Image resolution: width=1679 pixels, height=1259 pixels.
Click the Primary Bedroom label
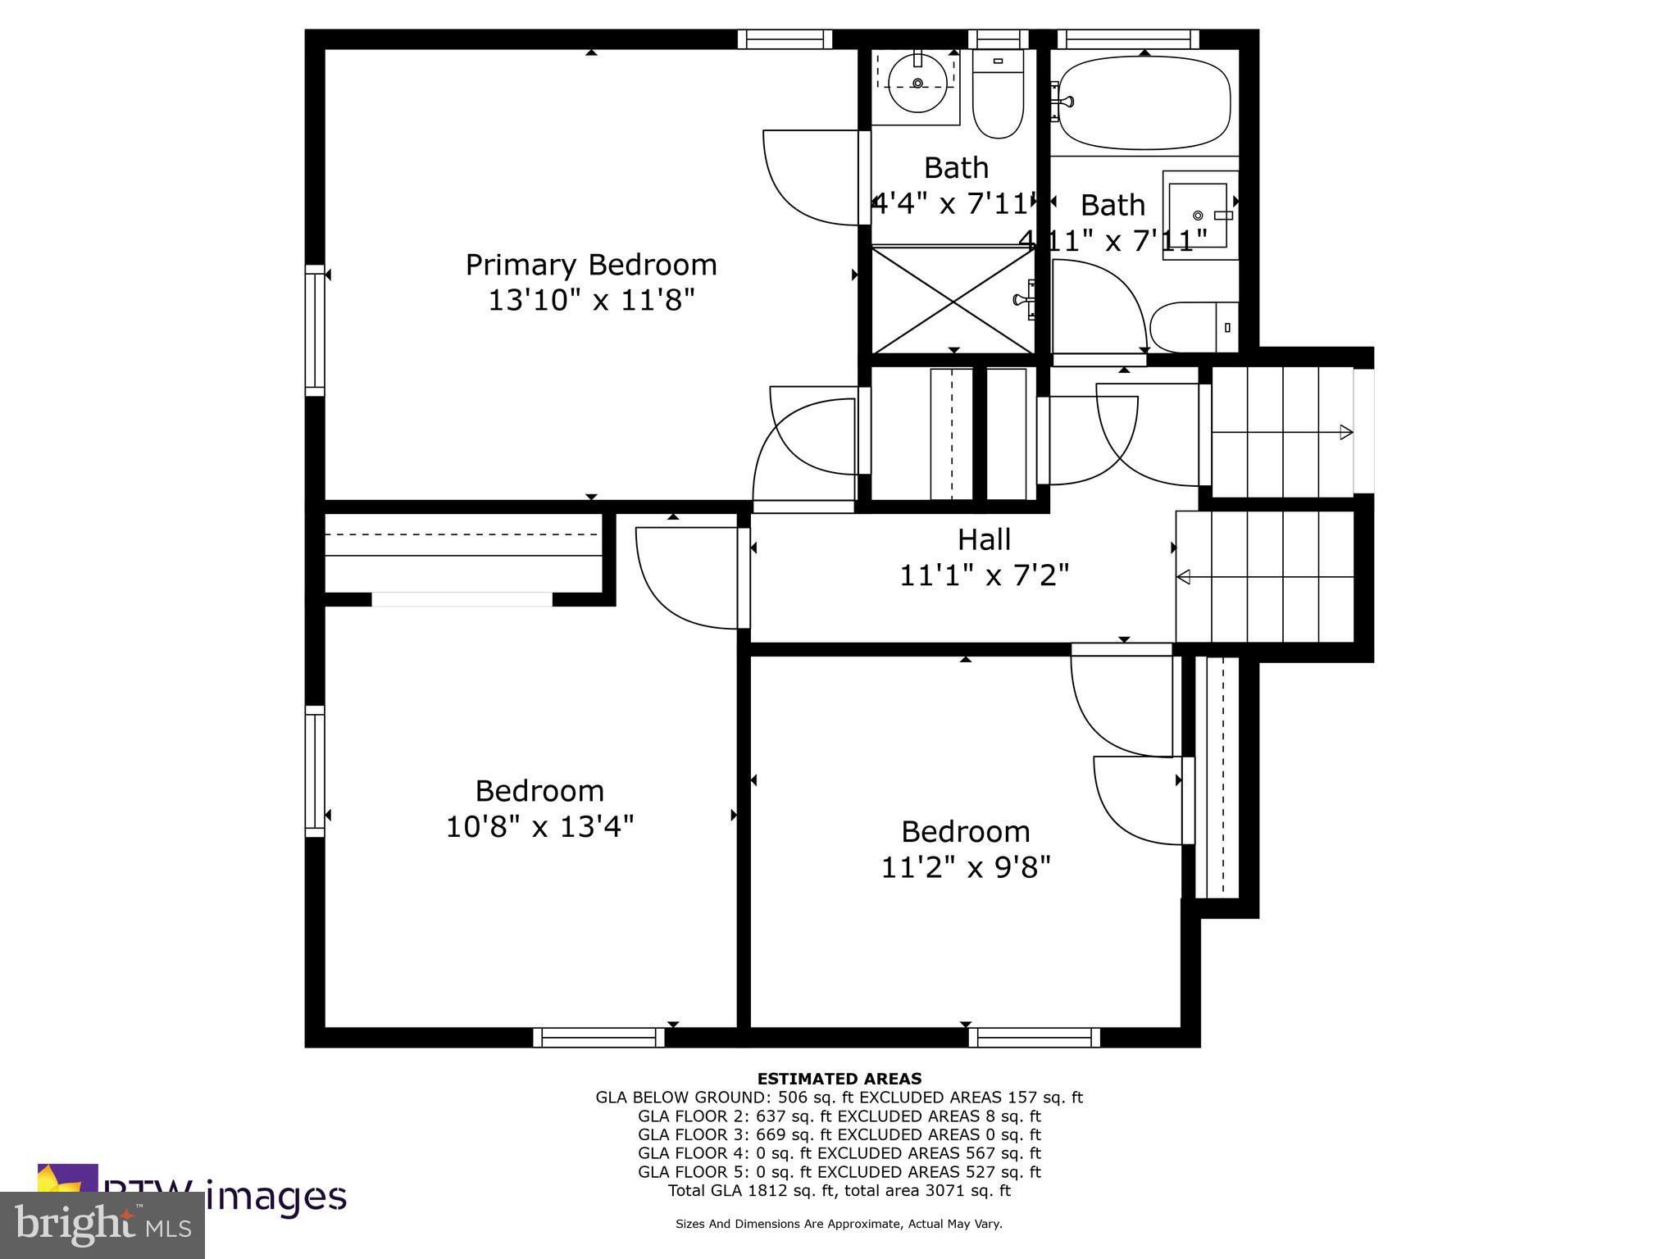point(591,265)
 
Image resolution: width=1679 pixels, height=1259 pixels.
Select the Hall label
point(984,539)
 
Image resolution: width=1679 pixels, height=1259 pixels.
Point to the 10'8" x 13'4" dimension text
point(539,826)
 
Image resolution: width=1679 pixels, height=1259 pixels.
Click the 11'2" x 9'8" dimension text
point(965,867)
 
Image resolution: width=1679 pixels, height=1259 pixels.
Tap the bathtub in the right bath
point(1144,102)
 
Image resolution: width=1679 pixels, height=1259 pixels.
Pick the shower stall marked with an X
point(953,301)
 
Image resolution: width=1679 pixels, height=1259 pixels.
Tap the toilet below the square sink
point(1193,327)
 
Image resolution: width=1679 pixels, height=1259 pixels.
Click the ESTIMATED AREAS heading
point(839,1079)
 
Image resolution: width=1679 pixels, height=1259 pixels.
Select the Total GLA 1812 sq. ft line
point(839,1190)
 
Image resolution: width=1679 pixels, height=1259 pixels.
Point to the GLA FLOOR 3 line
point(839,1134)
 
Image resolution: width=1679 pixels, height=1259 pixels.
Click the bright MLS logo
point(102,1225)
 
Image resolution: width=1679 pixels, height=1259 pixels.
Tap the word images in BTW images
point(275,1197)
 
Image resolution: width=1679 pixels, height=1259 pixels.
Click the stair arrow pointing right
point(1345,432)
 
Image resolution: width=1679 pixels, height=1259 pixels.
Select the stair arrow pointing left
point(1184,577)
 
